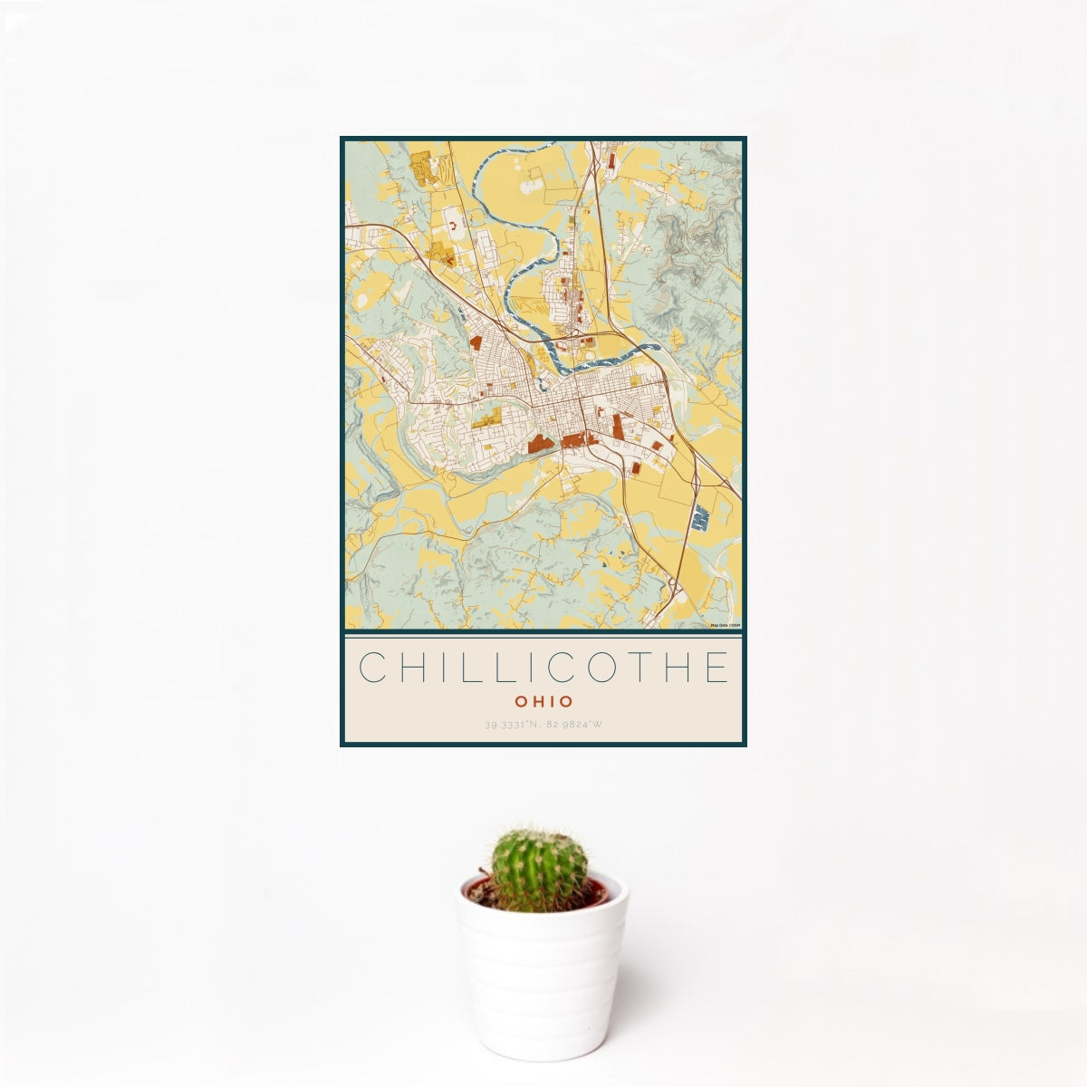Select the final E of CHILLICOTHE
click(716, 668)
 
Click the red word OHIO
click(543, 701)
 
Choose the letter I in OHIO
click(552, 701)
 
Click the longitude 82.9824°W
click(575, 725)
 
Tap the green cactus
click(539, 870)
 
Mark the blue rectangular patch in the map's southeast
click(699, 519)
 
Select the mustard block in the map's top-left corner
click(421, 168)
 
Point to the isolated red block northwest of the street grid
click(475, 342)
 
